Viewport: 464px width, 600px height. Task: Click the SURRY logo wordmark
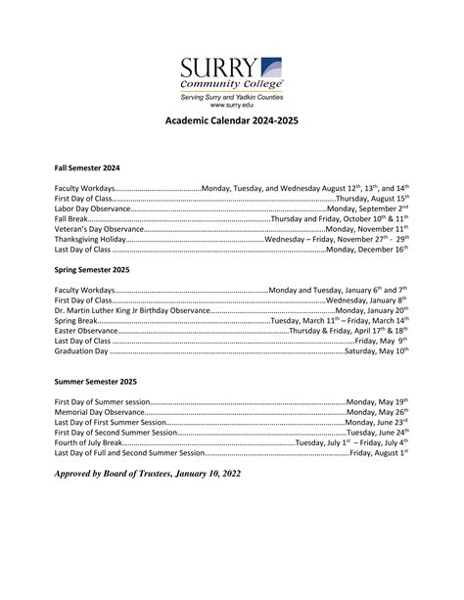(219, 69)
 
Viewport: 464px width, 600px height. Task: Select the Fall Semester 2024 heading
(86, 167)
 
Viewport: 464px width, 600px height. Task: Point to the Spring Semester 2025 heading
(91, 268)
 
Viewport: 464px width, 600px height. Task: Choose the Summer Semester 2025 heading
(96, 380)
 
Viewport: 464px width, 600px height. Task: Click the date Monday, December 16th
(366, 250)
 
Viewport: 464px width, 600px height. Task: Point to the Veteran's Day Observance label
(99, 229)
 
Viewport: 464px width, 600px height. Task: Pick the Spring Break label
(76, 320)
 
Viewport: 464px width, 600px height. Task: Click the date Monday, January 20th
(372, 310)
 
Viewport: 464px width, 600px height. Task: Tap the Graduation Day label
(81, 350)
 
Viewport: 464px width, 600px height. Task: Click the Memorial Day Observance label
(99, 412)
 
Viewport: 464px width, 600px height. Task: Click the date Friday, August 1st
(379, 453)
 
